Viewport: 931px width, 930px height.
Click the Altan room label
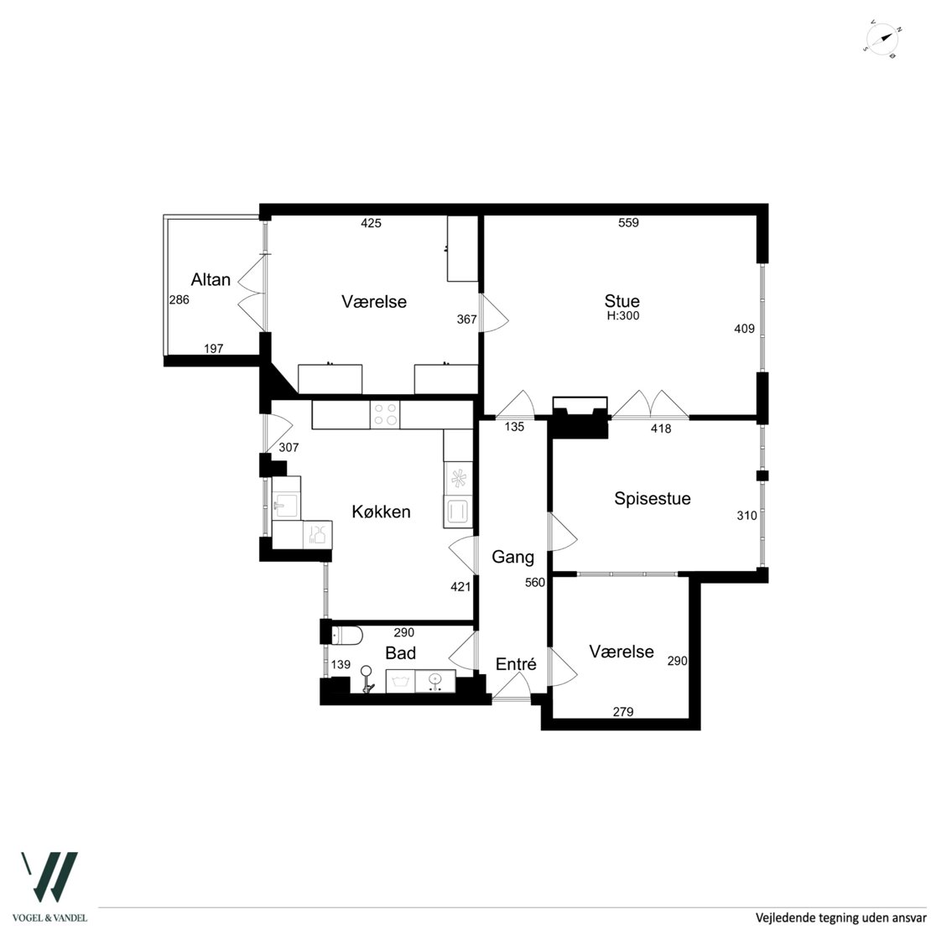tap(211, 279)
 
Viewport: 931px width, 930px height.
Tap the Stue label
tap(622, 301)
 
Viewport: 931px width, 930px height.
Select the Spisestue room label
tap(652, 498)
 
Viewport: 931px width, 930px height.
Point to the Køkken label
tap(381, 512)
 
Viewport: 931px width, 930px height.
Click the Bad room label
tap(400, 653)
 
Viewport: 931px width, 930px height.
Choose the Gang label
tap(513, 558)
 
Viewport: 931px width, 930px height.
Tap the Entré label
tap(516, 664)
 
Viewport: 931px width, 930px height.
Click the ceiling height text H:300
tap(623, 316)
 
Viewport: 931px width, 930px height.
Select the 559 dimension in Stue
tap(628, 222)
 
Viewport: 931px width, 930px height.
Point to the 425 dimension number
tap(371, 223)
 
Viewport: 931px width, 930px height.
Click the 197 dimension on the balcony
tap(213, 348)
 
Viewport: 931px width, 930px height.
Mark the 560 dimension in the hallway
tap(535, 583)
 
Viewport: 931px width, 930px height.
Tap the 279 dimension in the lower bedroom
tap(623, 712)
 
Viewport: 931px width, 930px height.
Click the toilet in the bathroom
tap(346, 635)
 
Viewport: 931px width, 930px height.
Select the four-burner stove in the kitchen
tap(385, 414)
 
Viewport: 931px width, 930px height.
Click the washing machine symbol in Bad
tap(400, 681)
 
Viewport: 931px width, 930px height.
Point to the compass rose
tap(883, 39)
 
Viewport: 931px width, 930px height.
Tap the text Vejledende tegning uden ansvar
tap(840, 917)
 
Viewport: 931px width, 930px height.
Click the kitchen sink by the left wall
tap(286, 498)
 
